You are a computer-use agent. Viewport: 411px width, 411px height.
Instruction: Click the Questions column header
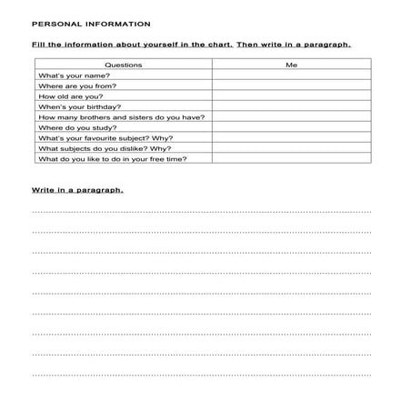pos(124,65)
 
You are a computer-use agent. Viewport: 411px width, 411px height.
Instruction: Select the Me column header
pos(291,65)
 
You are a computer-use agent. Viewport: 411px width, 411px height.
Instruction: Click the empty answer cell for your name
pos(291,75)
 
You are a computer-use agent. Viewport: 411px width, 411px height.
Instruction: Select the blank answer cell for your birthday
pos(291,106)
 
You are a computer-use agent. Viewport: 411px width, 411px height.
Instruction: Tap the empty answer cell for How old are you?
pos(291,96)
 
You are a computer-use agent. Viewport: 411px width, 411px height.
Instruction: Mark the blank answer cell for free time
pos(291,159)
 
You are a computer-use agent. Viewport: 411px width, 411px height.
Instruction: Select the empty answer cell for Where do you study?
pos(291,127)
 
